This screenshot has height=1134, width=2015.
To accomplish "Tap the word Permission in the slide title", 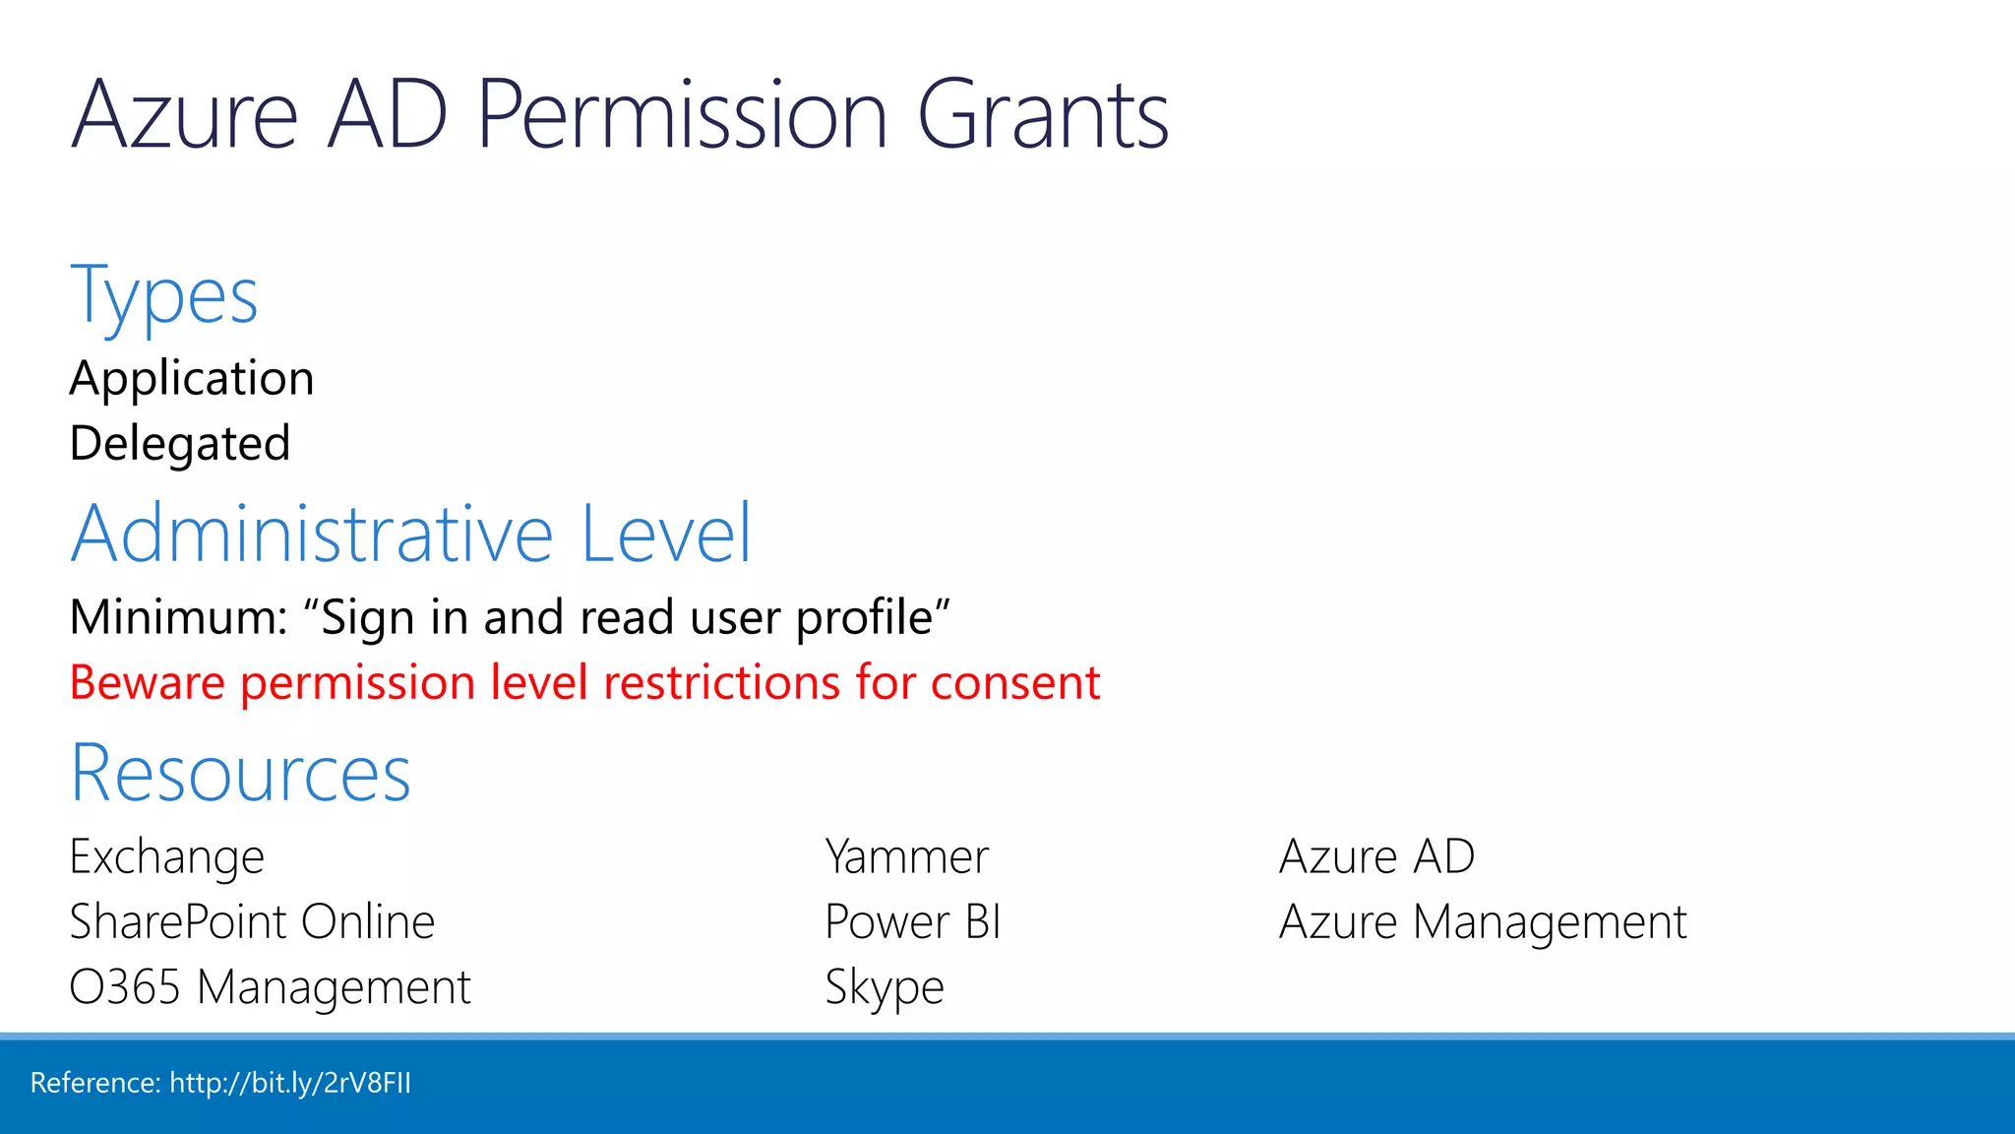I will coord(683,116).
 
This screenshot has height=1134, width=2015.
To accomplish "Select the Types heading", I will coord(164,296).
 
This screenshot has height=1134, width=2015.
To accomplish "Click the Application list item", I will coord(192,379).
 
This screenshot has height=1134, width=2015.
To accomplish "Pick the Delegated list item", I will coord(180,444).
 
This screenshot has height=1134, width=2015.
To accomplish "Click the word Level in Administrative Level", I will coord(666,534).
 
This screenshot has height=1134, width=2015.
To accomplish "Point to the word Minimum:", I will coord(178,618).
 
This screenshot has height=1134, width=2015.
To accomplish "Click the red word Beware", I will coord(148,683).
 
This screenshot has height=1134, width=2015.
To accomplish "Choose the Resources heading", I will coord(240,774).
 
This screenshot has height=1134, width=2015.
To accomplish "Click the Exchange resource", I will coord(167,856).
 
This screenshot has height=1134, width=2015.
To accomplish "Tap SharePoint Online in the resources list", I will coord(252,922).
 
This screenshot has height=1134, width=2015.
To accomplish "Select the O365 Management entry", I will coord(271,987).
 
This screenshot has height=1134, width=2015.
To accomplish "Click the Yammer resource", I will coord(906,856).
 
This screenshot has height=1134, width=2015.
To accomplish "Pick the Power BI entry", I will coord(912,922).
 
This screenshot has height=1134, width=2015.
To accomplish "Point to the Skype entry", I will coord(884,987).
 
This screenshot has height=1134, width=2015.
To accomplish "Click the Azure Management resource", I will coord(1483,922).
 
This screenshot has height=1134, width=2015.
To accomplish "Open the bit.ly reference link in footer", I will coord(290,1083).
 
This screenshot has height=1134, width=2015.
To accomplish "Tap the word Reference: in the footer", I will coord(95,1083).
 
